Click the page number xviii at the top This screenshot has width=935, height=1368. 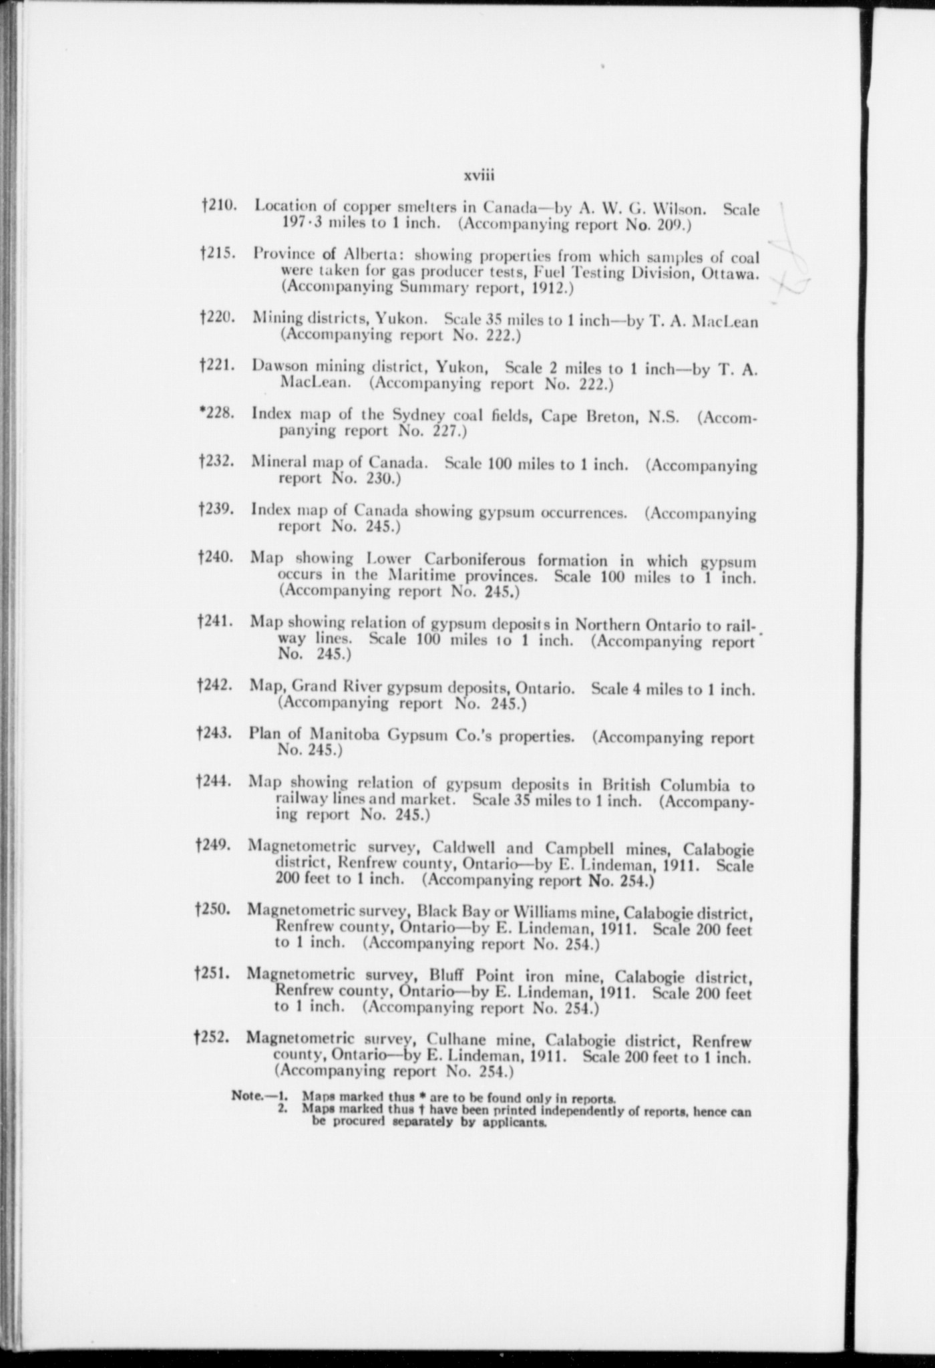click(x=478, y=176)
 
